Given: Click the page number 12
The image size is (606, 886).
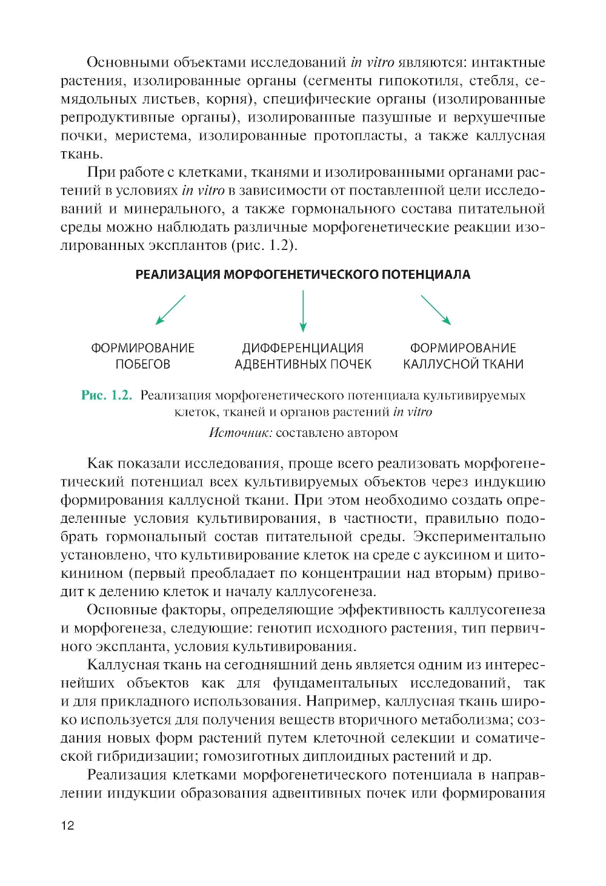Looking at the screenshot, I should tap(67, 825).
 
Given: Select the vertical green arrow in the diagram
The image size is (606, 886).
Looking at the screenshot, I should tap(303, 310).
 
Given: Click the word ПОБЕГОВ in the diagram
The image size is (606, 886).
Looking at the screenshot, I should tap(143, 364).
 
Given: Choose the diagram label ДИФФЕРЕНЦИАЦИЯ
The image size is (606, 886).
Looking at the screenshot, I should tap(303, 348).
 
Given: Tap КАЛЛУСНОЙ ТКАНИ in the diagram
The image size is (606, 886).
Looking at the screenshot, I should tap(464, 364).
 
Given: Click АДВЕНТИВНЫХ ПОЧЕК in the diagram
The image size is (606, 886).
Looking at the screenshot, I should tap(303, 364).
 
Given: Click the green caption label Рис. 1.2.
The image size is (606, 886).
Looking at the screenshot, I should tap(107, 395).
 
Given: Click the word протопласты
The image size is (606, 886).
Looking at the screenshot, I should tap(359, 136).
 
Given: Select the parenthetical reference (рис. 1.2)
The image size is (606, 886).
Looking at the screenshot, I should tap(264, 246).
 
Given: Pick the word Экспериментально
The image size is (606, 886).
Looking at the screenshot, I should tap(479, 537).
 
